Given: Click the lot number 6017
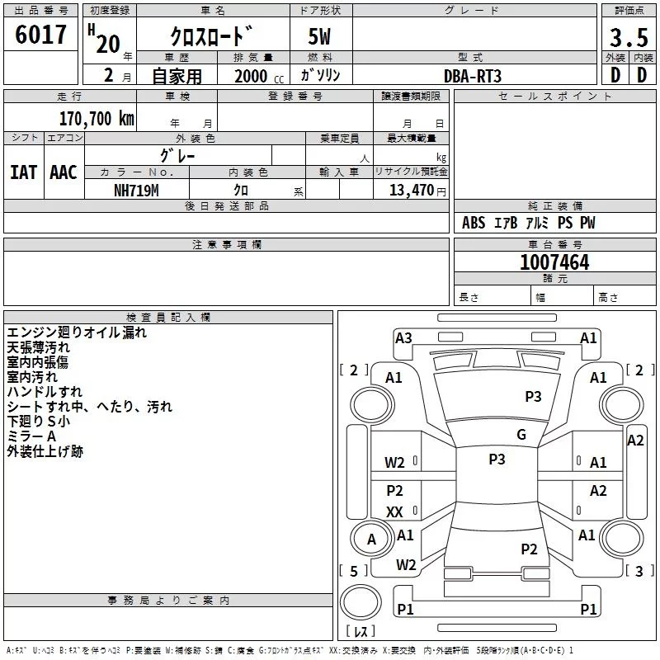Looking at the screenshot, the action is click(x=40, y=35).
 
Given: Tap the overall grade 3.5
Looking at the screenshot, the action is click(x=629, y=38).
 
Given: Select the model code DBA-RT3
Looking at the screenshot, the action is click(x=473, y=76).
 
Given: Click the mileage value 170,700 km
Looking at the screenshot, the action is click(x=97, y=119).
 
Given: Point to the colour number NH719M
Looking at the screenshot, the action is click(x=136, y=191).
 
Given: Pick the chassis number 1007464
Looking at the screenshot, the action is click(x=554, y=262).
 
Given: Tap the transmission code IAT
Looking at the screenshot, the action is click(x=24, y=172).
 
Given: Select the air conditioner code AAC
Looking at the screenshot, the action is click(x=64, y=172).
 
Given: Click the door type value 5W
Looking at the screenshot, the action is click(x=319, y=36).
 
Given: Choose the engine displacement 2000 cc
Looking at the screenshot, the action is click(x=259, y=76).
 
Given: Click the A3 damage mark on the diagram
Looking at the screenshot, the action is click(x=403, y=338).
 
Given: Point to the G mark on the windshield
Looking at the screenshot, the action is click(x=521, y=435).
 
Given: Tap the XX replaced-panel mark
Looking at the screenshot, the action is click(x=394, y=511).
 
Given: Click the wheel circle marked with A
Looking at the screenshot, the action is click(x=372, y=539).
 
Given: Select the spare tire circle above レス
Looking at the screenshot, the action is click(x=361, y=602).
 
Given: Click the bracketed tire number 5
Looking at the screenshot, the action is click(x=354, y=571).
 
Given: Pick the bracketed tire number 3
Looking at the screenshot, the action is click(x=639, y=571).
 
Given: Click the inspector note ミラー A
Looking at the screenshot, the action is click(x=31, y=436).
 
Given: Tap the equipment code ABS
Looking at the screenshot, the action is click(x=474, y=223).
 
